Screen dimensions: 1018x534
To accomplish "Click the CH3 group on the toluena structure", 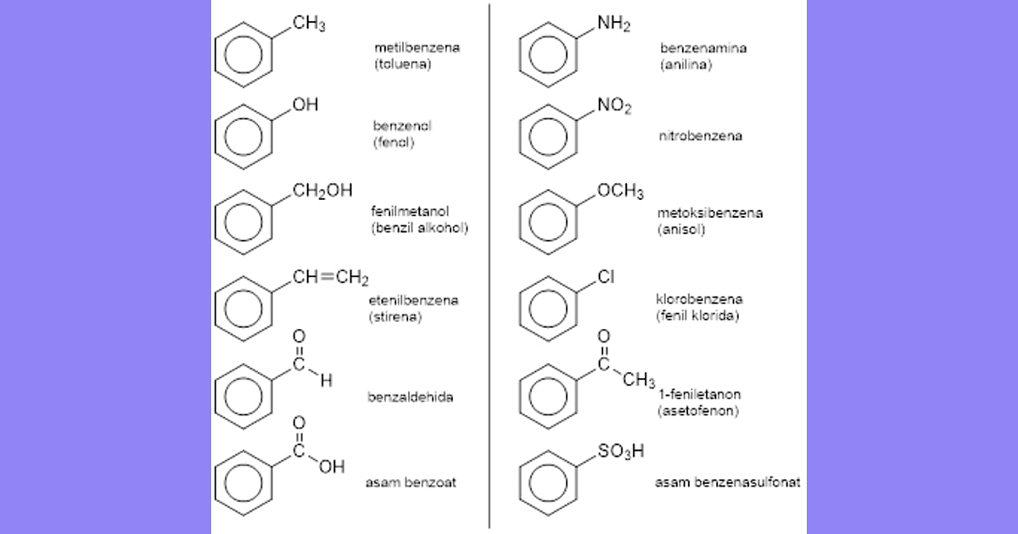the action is tap(309, 24).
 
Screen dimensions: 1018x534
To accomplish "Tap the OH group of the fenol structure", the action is tap(305, 104).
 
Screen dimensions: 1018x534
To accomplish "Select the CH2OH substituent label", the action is tap(322, 191).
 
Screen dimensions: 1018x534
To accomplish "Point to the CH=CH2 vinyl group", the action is tap(330, 277).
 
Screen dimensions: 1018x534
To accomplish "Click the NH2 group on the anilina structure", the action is tap(613, 24).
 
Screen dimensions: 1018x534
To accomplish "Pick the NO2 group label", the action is tap(614, 106).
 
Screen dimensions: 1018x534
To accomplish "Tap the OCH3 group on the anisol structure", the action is tap(620, 192).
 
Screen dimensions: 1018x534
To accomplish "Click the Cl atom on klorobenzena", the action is tap(606, 276).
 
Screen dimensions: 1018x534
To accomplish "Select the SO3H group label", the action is tap(621, 451).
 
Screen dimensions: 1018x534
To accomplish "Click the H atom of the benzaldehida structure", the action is tap(327, 381).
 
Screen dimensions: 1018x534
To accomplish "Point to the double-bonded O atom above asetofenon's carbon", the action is tap(603, 337).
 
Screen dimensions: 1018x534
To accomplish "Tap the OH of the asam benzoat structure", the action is tap(332, 467).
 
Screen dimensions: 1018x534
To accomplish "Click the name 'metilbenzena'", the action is tap(417, 47).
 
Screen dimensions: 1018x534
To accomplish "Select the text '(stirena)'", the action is tap(395, 316).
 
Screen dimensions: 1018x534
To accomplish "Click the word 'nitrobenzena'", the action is tap(701, 136).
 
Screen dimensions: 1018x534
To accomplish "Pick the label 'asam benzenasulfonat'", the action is tap(728, 482).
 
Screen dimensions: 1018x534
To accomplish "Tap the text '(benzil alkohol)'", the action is tap(419, 227).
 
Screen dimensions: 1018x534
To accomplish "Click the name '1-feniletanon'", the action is tap(700, 394).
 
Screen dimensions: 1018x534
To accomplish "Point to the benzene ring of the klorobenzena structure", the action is tap(548, 276).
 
